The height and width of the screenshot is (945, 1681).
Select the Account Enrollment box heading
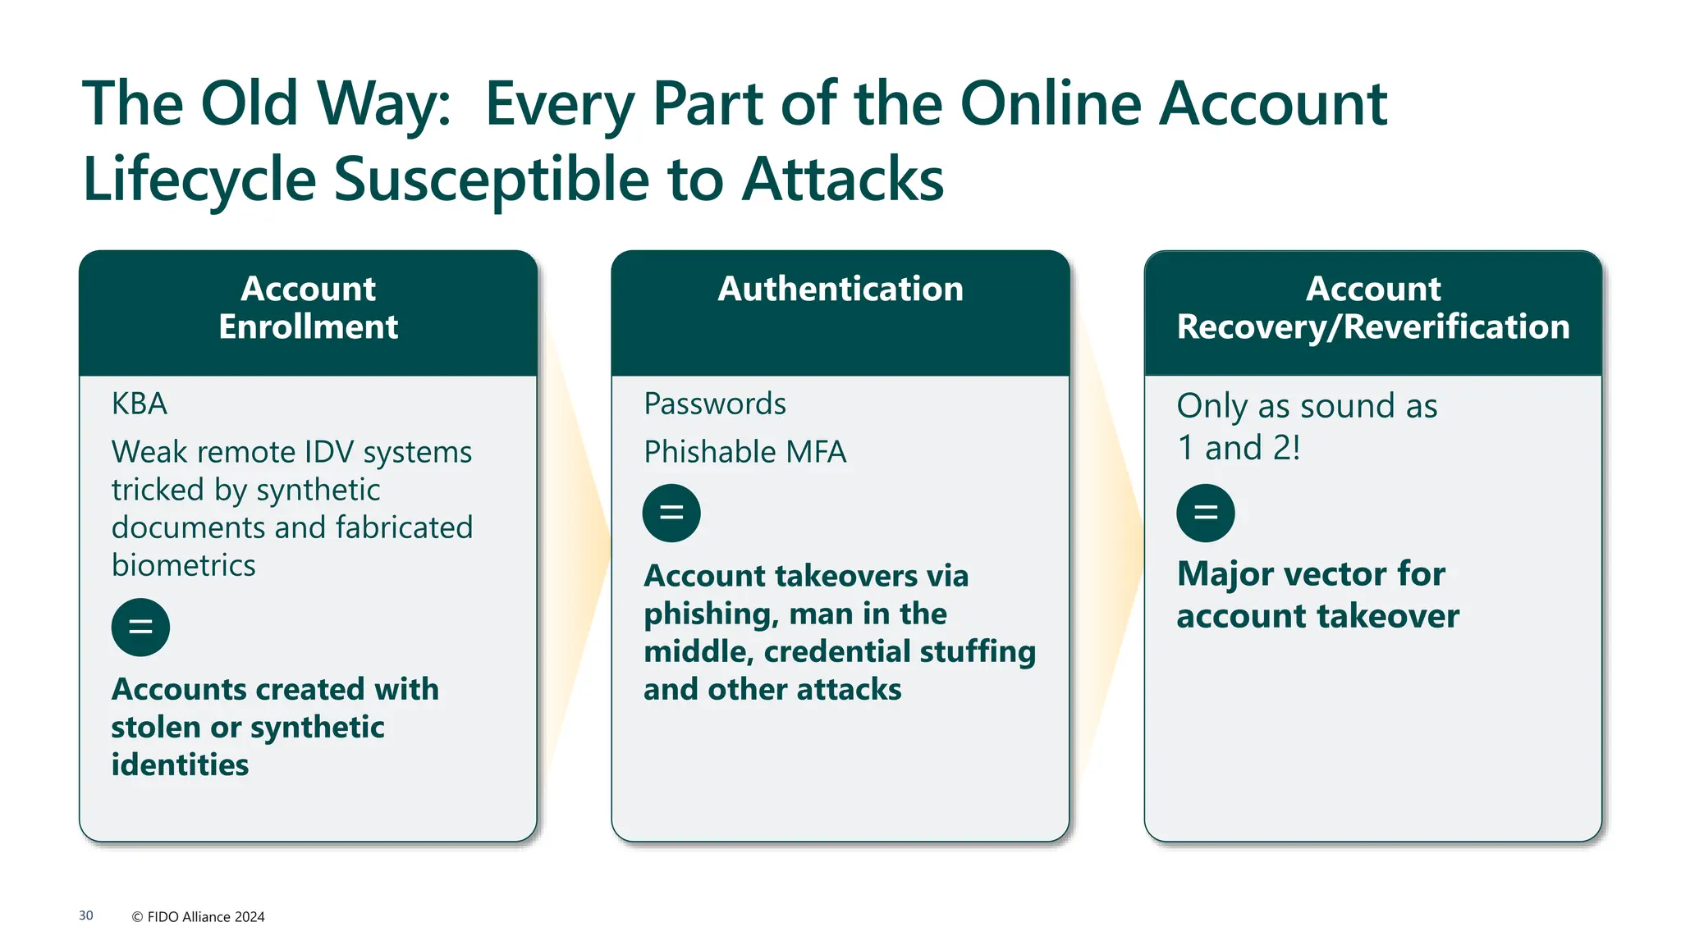[308, 308]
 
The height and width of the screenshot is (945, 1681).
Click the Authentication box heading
[840, 289]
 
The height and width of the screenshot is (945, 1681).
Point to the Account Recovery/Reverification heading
[1372, 308]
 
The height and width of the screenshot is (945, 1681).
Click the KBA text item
[140, 404]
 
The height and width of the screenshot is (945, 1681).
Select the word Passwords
[715, 404]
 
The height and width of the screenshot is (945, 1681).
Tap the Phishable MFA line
[744, 452]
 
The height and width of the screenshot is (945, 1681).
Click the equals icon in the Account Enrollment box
[140, 628]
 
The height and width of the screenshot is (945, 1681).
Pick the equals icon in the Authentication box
[671, 514]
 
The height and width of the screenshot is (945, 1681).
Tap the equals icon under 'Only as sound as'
[1205, 514]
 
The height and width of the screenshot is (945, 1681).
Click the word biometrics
[184, 565]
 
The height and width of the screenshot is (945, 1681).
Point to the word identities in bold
[180, 765]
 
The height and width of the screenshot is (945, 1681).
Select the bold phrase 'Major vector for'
[1311, 573]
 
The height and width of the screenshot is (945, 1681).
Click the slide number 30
[86, 915]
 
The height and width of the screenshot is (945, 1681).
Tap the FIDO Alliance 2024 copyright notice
[198, 916]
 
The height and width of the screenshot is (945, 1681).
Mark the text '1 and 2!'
[1238, 448]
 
